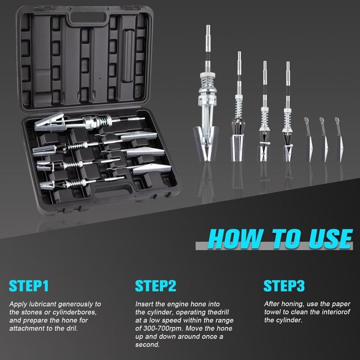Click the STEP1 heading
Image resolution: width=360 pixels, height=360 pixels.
29,286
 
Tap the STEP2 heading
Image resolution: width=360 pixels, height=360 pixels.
155,286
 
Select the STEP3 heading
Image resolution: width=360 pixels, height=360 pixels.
284,286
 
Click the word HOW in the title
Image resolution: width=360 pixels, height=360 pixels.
235,239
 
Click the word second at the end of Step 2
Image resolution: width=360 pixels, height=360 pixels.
147,345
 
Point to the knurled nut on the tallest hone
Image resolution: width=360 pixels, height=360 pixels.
208,75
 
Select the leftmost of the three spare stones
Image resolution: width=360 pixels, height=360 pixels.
309,139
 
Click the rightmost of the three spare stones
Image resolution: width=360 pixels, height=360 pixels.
339,139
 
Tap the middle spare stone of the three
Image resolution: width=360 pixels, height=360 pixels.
324,139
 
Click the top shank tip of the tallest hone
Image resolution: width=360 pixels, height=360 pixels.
208,26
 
